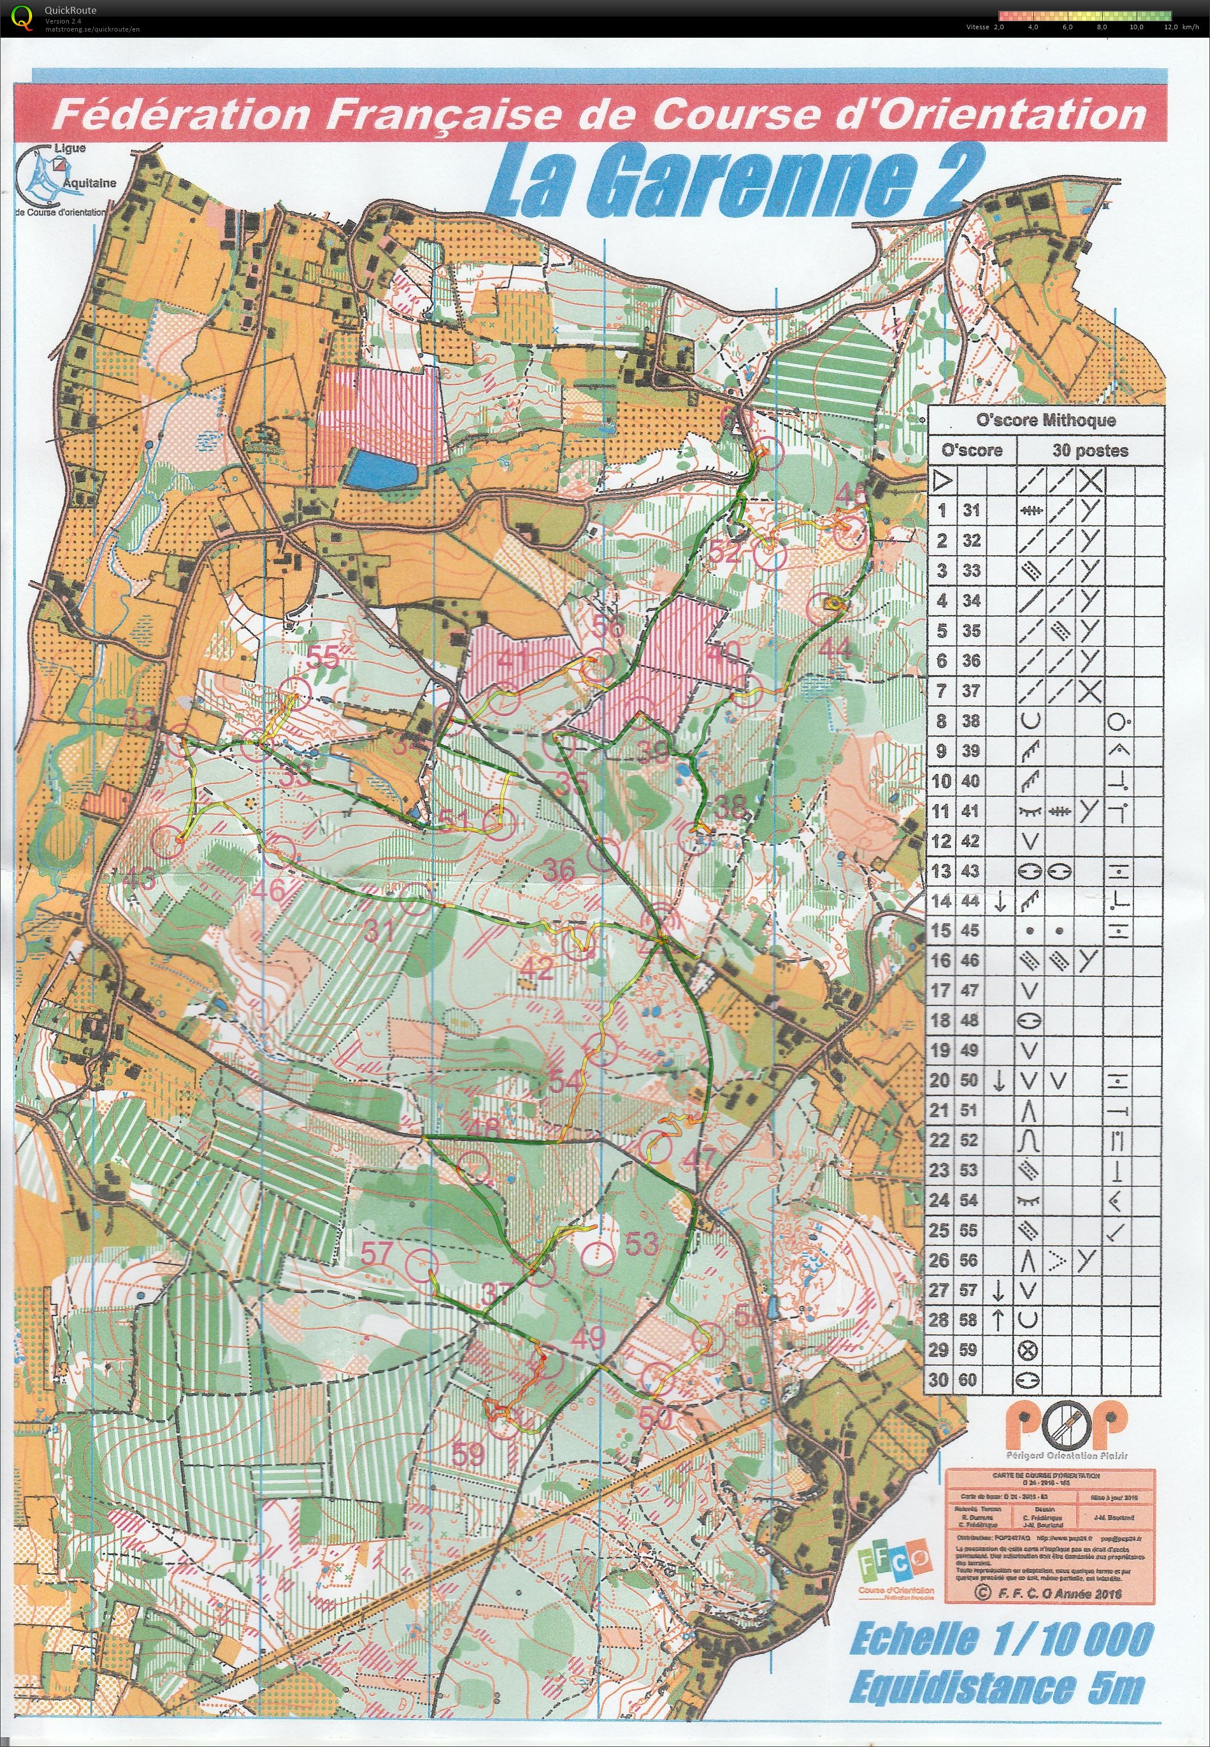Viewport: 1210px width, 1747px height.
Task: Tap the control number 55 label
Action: pos(325,658)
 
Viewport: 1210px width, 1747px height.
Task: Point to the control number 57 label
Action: pos(377,1253)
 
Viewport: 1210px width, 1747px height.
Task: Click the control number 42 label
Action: pos(536,968)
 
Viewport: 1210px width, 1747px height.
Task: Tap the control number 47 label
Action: pos(698,1158)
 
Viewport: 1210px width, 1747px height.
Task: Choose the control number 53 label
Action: pos(642,1243)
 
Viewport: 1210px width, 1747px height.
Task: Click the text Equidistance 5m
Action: pos(996,1688)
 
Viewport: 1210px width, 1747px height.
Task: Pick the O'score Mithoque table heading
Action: pos(1045,420)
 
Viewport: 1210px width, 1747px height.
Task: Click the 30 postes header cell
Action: pos(1090,450)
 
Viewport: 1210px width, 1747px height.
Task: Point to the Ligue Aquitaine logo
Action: pos(61,179)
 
